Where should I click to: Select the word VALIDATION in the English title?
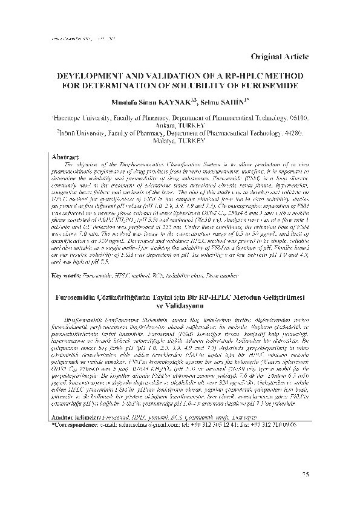pyautogui.click(x=168, y=78)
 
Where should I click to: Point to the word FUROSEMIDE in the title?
pyautogui.click(x=278, y=88)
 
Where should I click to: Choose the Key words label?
pyautogui.click(x=67, y=276)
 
